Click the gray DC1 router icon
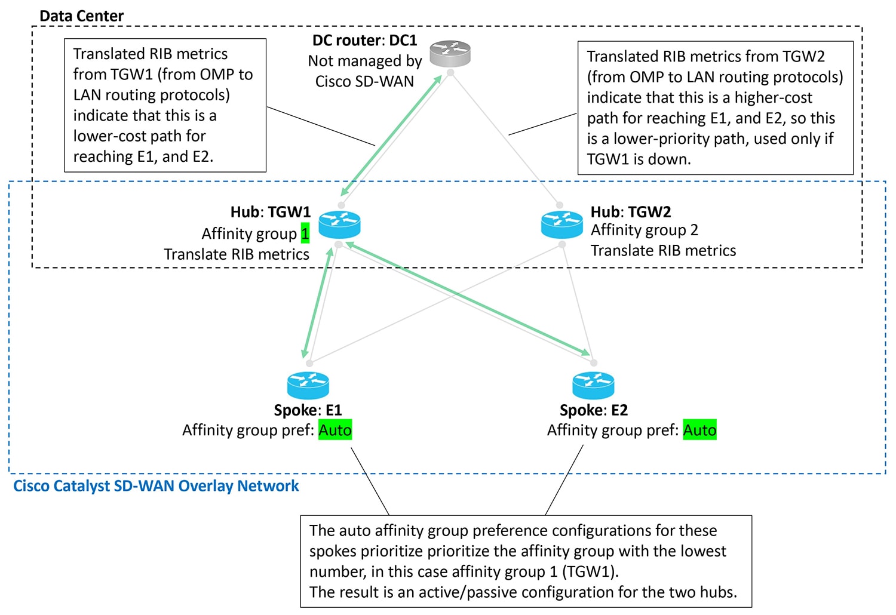[x=450, y=54]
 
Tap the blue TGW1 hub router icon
[x=339, y=225]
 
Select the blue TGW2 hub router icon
[x=561, y=225]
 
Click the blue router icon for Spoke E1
[x=308, y=386]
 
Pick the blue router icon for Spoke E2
[x=593, y=386]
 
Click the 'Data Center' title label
[x=82, y=16]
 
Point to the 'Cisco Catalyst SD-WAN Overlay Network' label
[x=156, y=486]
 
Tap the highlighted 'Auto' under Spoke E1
[x=335, y=430]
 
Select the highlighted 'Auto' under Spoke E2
[x=699, y=430]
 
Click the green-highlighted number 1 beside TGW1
[x=305, y=233]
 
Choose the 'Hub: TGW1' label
[x=271, y=212]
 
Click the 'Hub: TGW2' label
[x=631, y=212]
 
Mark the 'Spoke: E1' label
[x=308, y=410]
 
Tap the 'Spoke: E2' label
[x=594, y=410]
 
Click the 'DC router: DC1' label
[x=364, y=40]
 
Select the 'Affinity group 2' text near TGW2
[x=645, y=230]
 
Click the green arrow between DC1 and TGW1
[x=391, y=135]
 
